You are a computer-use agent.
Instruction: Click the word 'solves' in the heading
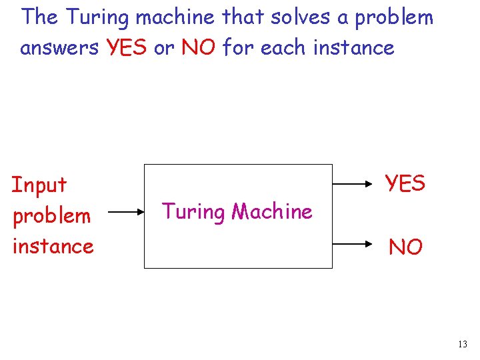300,17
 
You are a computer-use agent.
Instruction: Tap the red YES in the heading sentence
125,48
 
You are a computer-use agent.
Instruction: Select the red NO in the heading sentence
199,48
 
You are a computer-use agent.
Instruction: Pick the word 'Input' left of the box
39,185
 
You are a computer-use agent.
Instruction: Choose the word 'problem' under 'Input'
51,216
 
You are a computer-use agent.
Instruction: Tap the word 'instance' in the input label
53,246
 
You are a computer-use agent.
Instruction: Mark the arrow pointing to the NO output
354,245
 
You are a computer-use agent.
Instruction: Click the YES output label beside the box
405,183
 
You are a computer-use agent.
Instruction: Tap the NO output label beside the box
405,247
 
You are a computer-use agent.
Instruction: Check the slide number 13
463,344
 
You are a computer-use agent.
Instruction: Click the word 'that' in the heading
243,17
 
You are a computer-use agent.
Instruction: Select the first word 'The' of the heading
41,17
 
